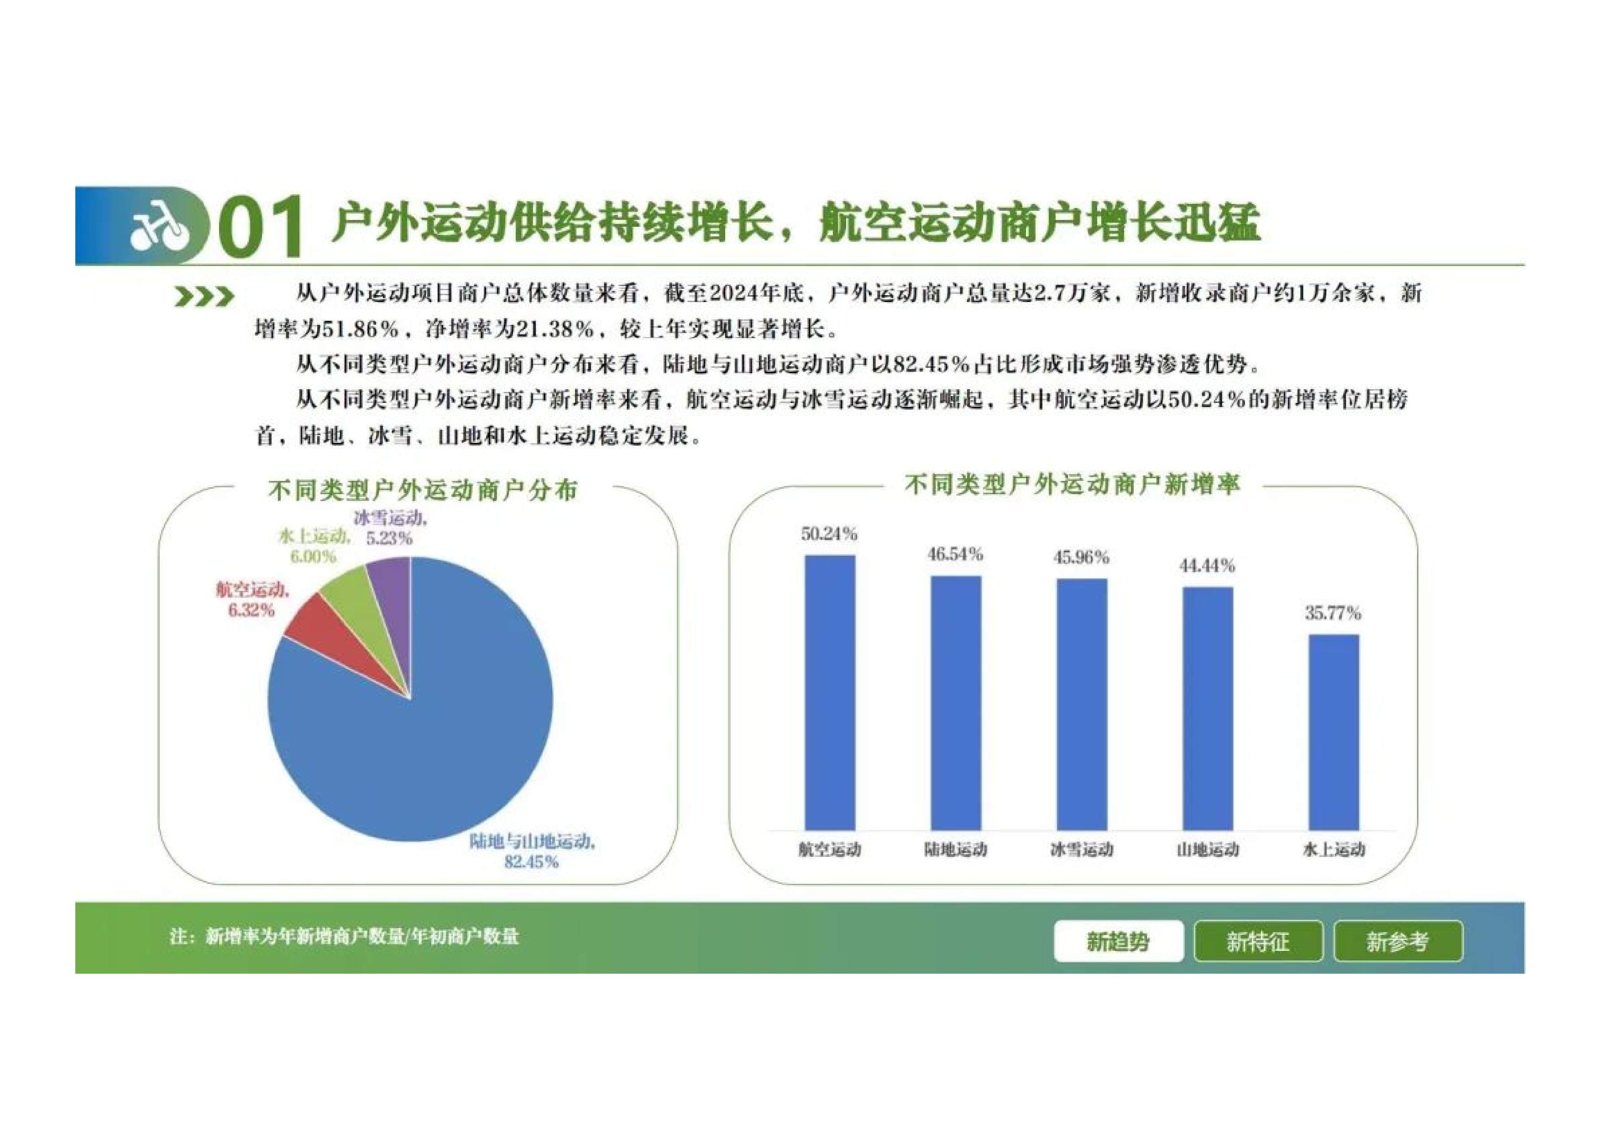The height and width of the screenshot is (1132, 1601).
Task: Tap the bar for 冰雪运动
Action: tap(1082, 704)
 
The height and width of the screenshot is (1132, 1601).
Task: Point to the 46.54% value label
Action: tap(955, 555)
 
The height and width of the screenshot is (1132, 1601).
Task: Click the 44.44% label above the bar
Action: tap(1207, 566)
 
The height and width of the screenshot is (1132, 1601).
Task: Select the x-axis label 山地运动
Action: tap(1208, 850)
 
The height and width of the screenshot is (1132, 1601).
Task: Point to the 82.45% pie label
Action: tap(532, 862)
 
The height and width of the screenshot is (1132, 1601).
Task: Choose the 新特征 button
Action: tap(1258, 942)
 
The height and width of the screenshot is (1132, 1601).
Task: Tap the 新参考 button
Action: tap(1397, 942)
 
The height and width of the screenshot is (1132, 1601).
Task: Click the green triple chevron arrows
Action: tap(204, 297)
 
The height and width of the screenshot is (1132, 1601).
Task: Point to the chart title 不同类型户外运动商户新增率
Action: tap(1073, 485)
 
